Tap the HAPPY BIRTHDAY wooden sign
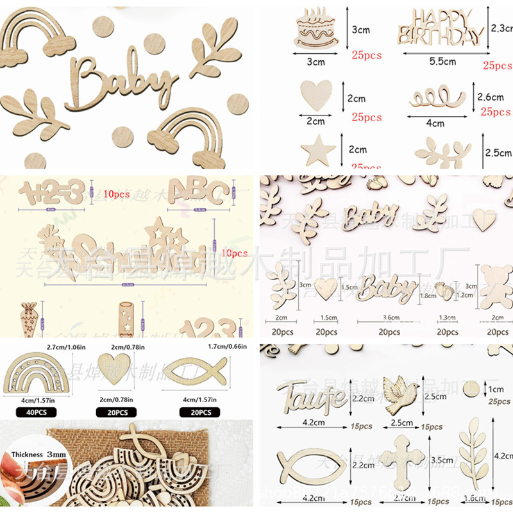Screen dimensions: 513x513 point(441,27)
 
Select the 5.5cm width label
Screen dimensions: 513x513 point(442,62)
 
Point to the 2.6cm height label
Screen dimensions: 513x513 point(491,97)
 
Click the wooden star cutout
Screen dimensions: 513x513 point(319,152)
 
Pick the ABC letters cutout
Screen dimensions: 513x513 point(199,191)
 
